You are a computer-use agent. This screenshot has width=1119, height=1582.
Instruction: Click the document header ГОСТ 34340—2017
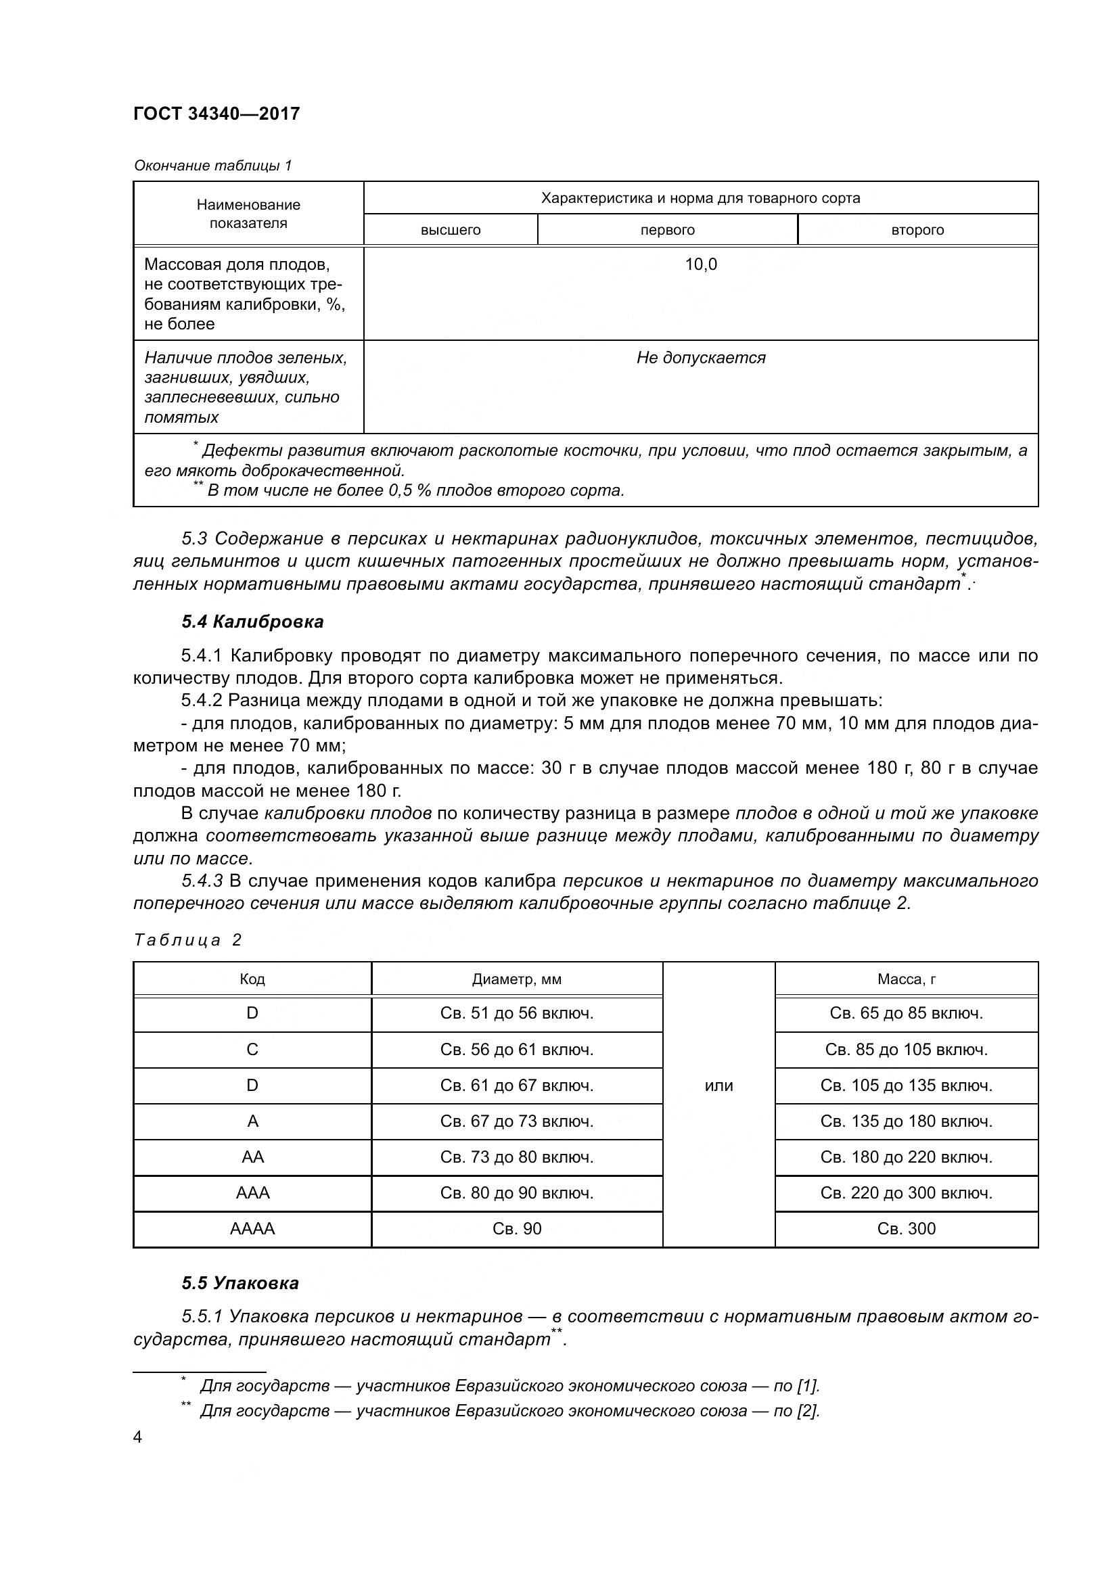(x=216, y=114)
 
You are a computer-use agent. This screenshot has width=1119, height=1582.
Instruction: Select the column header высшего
(x=450, y=230)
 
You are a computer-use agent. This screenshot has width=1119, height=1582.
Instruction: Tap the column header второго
(x=917, y=230)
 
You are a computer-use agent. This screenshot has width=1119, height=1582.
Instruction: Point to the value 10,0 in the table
(x=700, y=264)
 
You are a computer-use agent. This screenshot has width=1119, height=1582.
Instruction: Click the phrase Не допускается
(x=700, y=358)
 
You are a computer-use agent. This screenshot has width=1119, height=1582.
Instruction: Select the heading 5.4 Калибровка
(x=252, y=622)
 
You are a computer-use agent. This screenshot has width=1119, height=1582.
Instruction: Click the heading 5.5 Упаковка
(x=239, y=1283)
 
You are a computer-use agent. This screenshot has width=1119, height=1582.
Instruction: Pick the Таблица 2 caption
(x=187, y=940)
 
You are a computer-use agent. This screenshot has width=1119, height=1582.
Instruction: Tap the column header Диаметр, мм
(x=516, y=979)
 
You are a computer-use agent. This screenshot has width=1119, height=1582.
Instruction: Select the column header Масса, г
(x=906, y=979)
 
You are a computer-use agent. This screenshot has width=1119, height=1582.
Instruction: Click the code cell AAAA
(x=252, y=1228)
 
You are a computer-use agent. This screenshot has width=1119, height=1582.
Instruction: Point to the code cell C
(x=252, y=1050)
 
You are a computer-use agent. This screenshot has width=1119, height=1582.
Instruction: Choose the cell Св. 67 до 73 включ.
(x=516, y=1121)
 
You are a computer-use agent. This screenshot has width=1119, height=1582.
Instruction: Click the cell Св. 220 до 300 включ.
(x=906, y=1192)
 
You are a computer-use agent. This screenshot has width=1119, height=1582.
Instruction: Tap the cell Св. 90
(x=516, y=1228)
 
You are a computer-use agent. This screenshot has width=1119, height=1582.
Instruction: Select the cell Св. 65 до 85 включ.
(x=906, y=1014)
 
